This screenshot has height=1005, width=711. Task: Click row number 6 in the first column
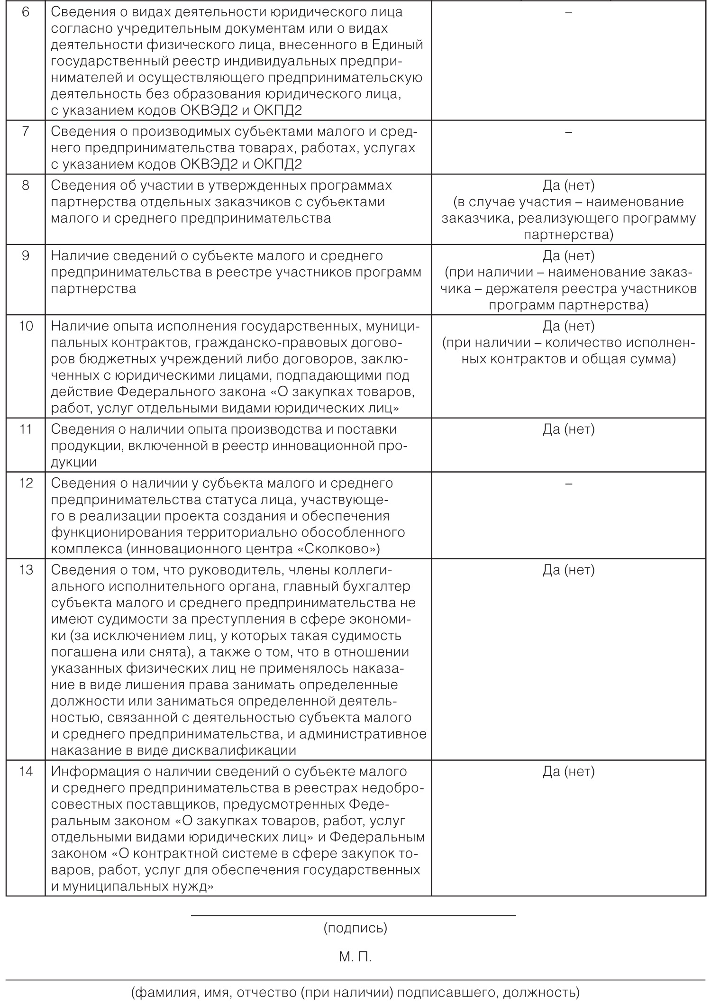click(x=26, y=12)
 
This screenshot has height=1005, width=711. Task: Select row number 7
click(x=26, y=131)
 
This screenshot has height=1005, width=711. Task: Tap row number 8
click(x=26, y=185)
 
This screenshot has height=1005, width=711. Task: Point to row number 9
click(x=26, y=256)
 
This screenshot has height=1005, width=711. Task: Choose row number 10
click(x=26, y=326)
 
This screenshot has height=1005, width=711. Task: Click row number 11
click(x=26, y=429)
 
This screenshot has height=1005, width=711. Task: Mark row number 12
click(x=26, y=483)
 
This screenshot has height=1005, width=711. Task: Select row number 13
click(x=26, y=570)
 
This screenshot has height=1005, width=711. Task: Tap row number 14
click(x=26, y=772)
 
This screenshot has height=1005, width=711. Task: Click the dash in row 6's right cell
click(x=568, y=12)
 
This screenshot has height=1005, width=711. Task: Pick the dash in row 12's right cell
click(x=568, y=483)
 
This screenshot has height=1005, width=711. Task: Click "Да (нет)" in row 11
click(x=568, y=429)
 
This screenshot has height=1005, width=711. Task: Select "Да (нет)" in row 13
click(x=568, y=570)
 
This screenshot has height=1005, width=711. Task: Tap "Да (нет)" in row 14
click(x=568, y=772)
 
